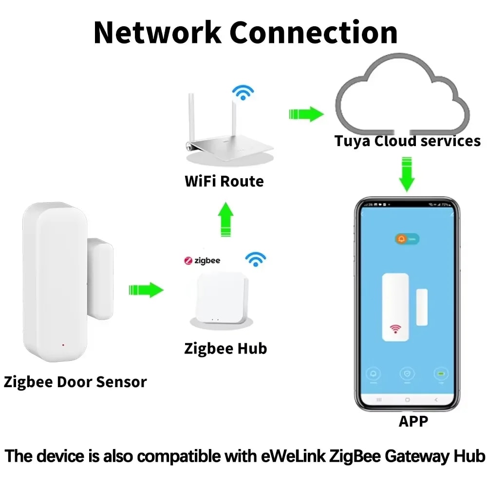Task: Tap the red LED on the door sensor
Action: [63, 345]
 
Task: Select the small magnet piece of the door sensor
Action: [100, 279]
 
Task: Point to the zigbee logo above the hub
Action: [202, 261]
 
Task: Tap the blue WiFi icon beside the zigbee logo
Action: [255, 259]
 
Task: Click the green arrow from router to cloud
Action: [306, 114]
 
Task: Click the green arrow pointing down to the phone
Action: [407, 173]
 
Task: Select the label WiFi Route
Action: [224, 182]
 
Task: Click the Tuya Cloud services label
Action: [407, 141]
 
